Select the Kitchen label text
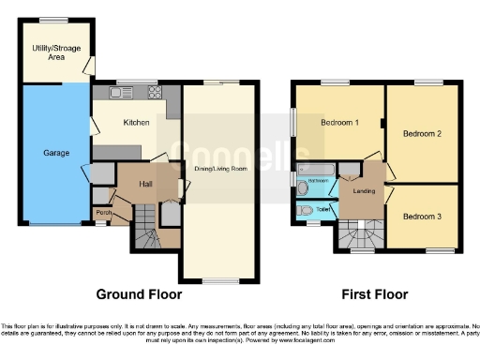point(137,122)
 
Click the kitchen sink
point(119,92)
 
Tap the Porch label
point(103,213)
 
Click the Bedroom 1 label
point(338,124)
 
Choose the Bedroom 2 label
point(422,133)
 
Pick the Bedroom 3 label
point(421,216)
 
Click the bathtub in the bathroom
point(314,178)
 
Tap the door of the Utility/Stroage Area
point(89,65)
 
